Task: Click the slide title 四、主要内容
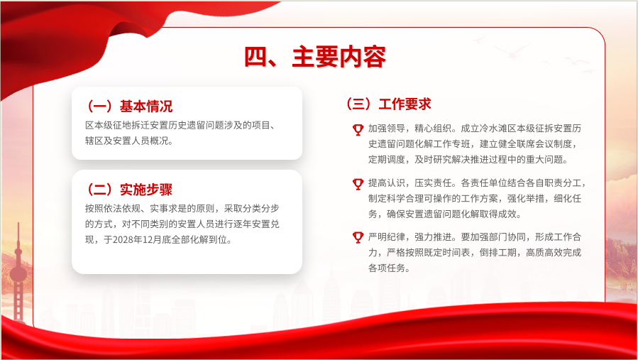[x=315, y=57]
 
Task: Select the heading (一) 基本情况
[x=128, y=107]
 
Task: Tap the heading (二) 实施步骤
[x=128, y=190]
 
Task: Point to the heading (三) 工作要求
[x=387, y=104]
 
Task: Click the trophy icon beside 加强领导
[x=358, y=129]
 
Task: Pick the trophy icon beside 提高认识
[x=358, y=184]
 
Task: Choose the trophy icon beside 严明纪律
[x=358, y=237]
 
